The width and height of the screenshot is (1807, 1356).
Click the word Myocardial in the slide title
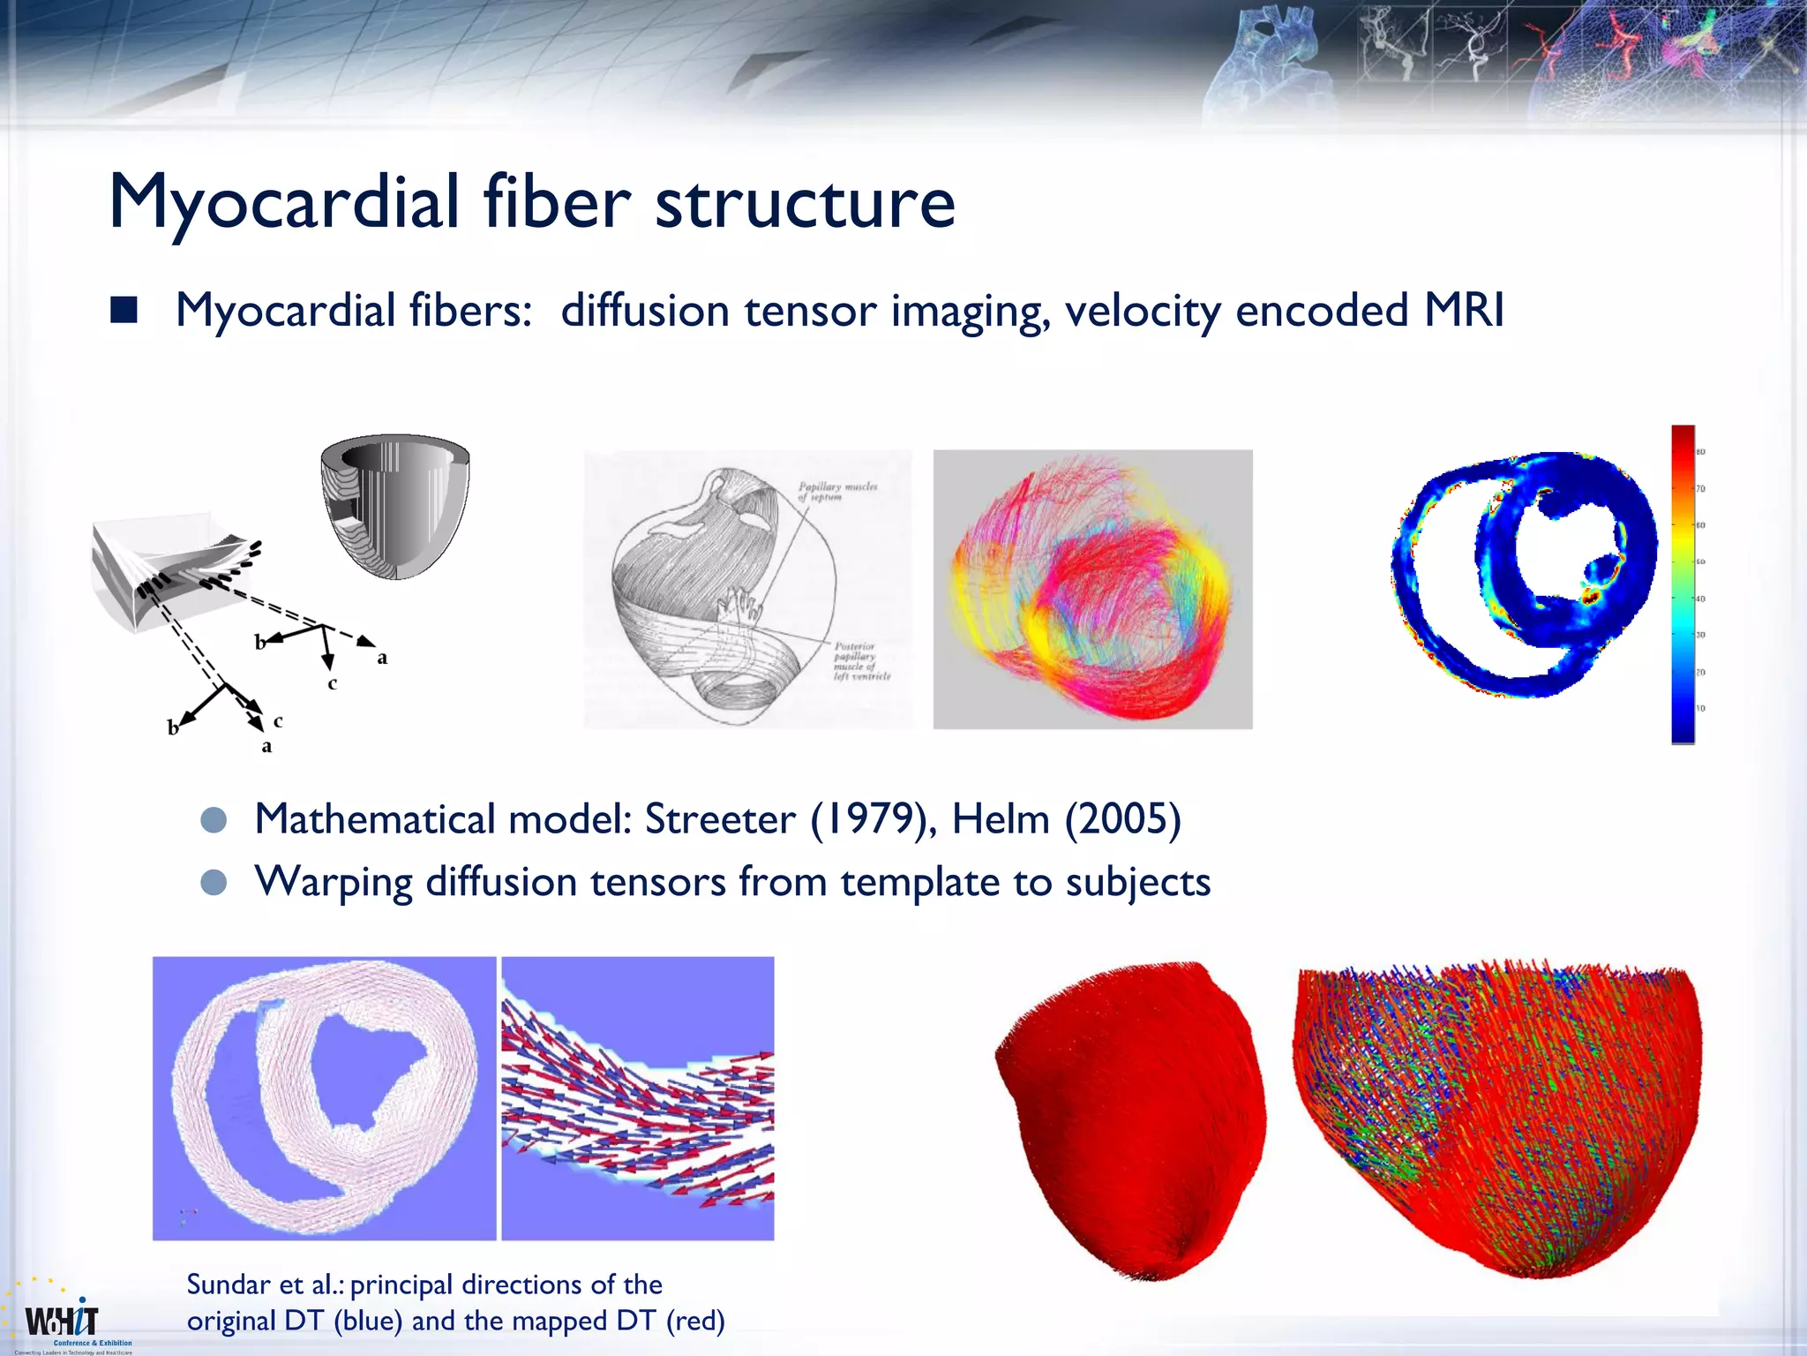click(x=283, y=203)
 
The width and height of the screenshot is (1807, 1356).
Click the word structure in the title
click(x=805, y=203)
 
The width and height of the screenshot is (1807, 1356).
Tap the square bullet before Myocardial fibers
click(x=124, y=311)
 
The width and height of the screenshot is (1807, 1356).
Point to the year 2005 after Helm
click(x=1122, y=819)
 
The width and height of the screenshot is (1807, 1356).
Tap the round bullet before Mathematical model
click(x=214, y=820)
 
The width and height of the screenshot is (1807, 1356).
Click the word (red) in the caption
click(x=695, y=1321)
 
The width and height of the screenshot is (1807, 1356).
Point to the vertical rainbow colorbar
click(x=1682, y=584)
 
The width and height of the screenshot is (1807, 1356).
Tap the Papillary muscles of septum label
click(x=836, y=492)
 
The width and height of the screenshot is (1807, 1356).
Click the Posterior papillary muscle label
click(x=861, y=661)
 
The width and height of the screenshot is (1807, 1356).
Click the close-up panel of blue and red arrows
click(x=637, y=1098)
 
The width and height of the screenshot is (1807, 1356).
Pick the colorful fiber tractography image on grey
click(x=1092, y=589)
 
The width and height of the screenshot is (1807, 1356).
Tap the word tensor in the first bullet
click(x=811, y=311)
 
